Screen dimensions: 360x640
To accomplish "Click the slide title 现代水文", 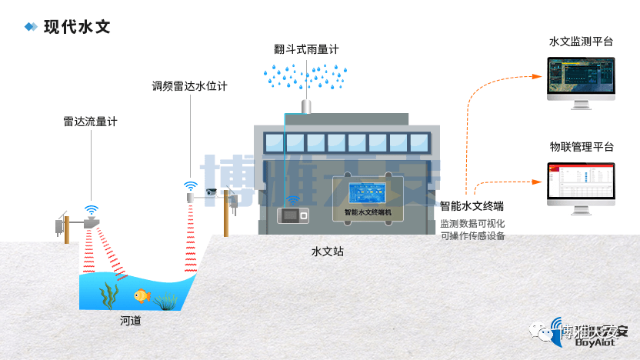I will (77, 27).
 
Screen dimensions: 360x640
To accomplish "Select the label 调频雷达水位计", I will (189, 86).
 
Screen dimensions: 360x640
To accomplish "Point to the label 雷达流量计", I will (91, 122).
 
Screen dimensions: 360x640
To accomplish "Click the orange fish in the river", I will (141, 295).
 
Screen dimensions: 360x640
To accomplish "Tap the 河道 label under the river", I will (131, 321).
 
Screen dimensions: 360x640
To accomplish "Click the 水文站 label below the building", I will (327, 252).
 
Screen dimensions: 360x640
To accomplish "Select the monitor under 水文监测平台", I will (582, 77).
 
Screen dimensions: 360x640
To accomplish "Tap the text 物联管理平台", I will (582, 146).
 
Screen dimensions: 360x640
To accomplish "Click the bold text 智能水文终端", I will (472, 206).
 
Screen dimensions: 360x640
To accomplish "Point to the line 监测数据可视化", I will (472, 223).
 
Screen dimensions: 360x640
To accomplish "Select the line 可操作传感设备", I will (472, 236).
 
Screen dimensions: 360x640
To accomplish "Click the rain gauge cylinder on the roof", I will (305, 105).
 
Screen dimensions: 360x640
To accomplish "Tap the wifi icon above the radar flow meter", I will (92, 209).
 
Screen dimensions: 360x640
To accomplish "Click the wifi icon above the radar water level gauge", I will (190, 185).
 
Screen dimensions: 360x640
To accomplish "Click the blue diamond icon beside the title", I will (31, 27).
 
